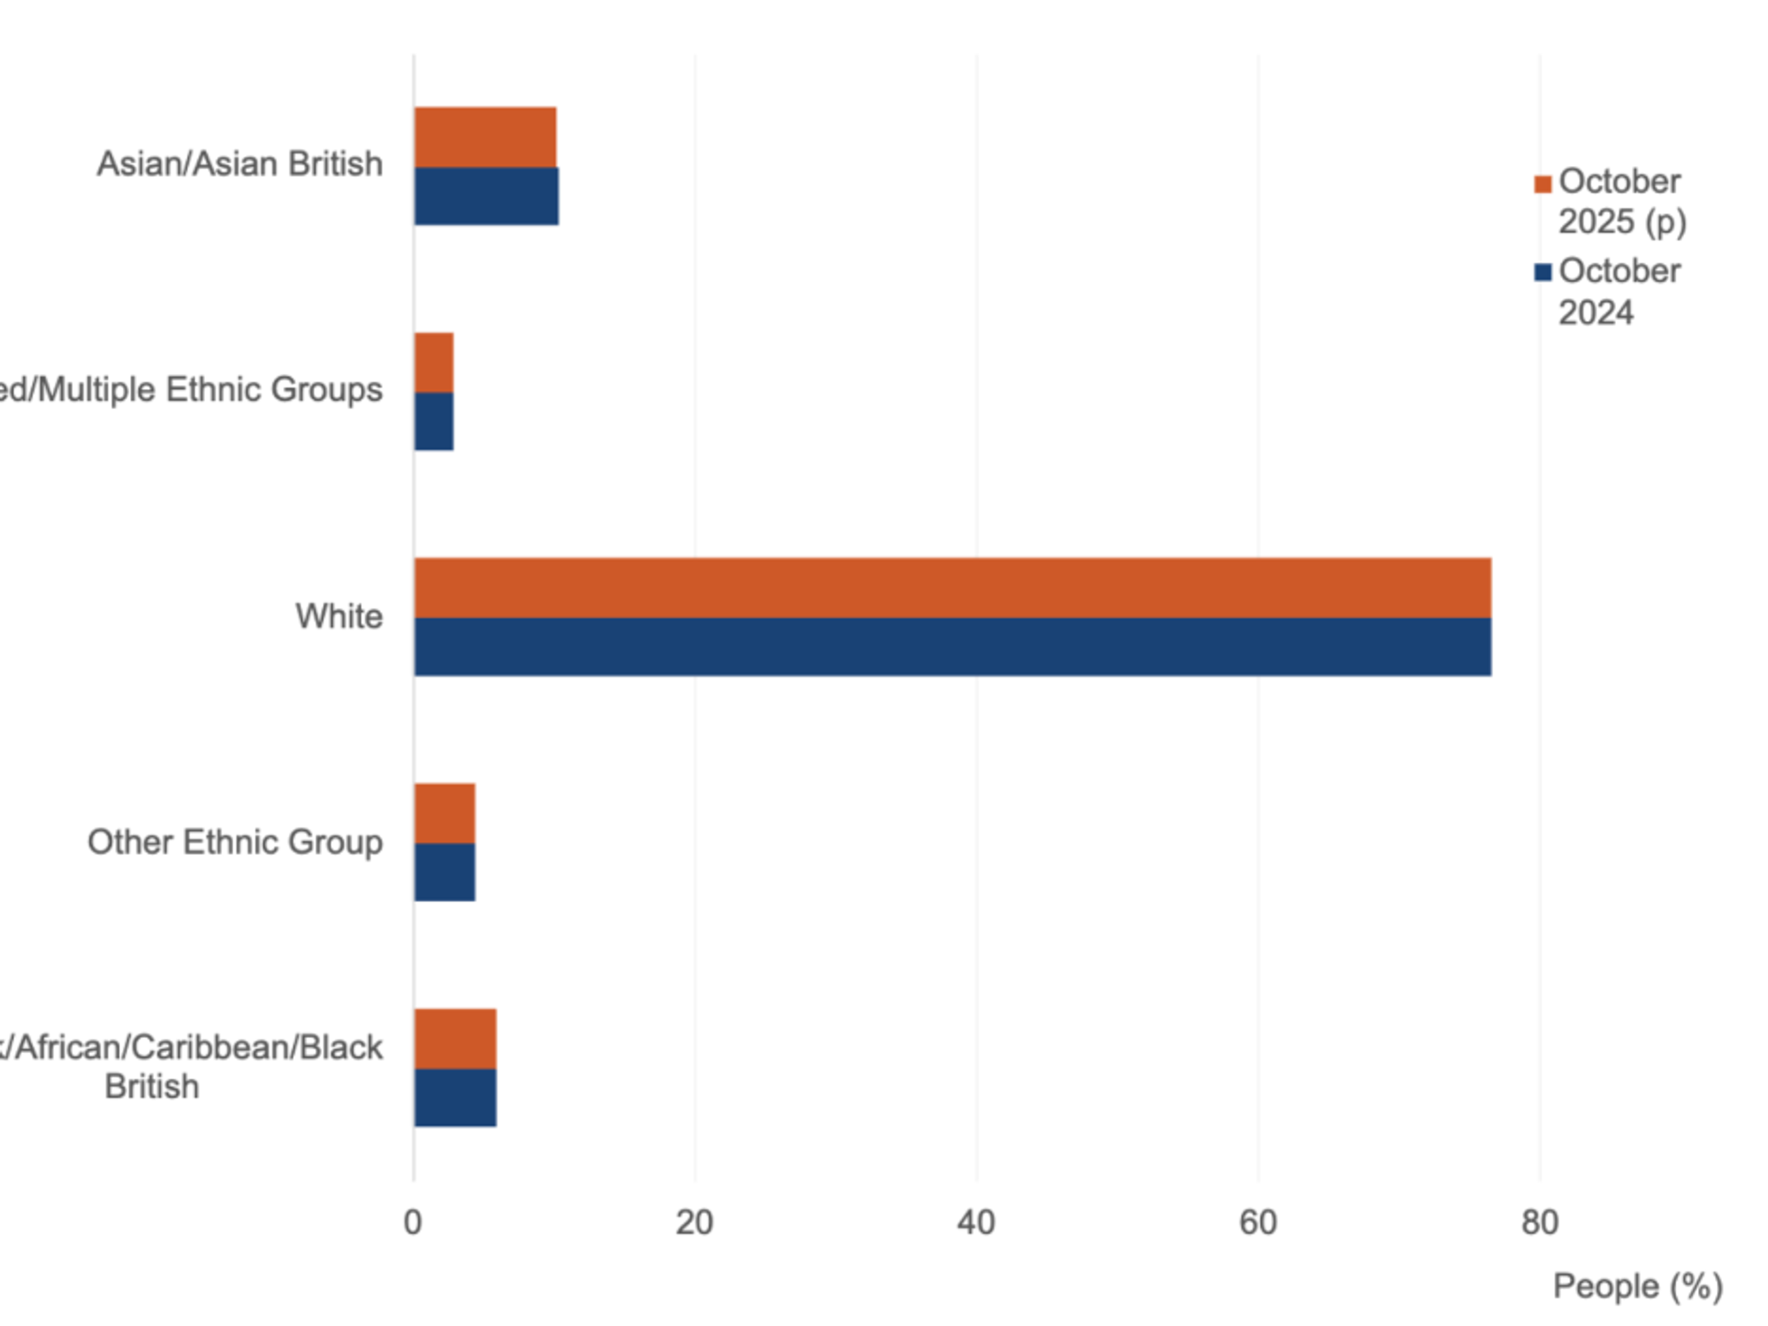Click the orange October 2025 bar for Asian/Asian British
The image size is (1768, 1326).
pyautogui.click(x=485, y=137)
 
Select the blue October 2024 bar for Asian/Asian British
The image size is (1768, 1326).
pyautogui.click(x=486, y=196)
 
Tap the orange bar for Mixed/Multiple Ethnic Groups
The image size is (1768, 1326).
pyautogui.click(x=434, y=362)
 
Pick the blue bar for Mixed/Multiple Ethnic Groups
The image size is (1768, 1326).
pyautogui.click(x=434, y=422)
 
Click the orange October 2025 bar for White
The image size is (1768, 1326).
pyautogui.click(x=952, y=588)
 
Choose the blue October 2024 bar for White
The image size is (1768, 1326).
pyautogui.click(x=952, y=647)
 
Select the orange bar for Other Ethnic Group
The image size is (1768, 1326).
pyautogui.click(x=445, y=813)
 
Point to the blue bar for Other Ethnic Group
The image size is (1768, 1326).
pyautogui.click(x=445, y=873)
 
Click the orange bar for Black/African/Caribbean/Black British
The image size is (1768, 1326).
pyautogui.click(x=455, y=1039)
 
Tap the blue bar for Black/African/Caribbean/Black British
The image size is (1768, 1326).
pyautogui.click(x=455, y=1098)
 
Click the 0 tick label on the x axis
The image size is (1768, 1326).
pyautogui.click(x=413, y=1223)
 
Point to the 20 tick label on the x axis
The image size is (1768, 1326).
pyautogui.click(x=695, y=1223)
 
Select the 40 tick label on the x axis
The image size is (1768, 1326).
pyautogui.click(x=976, y=1223)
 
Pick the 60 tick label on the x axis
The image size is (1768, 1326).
pyautogui.click(x=1258, y=1223)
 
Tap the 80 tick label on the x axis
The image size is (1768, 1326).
pyautogui.click(x=1539, y=1223)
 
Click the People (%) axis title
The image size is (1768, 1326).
pyautogui.click(x=1638, y=1286)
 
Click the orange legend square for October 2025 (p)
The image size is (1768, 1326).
pyautogui.click(x=1543, y=184)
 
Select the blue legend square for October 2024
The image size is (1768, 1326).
pyautogui.click(x=1543, y=272)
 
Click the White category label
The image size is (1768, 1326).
pyautogui.click(x=339, y=616)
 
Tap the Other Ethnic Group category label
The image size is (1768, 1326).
pyautogui.click(x=235, y=842)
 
